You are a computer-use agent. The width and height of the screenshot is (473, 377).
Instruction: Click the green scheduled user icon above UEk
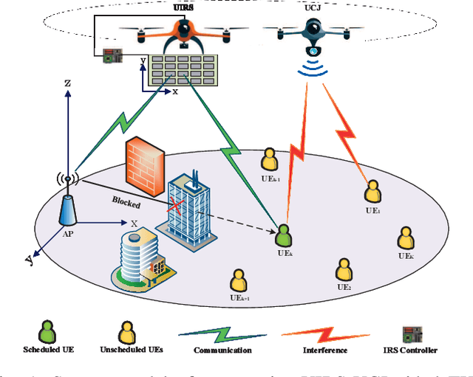click(282, 235)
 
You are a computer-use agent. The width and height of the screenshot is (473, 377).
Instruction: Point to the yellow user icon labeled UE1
click(372, 194)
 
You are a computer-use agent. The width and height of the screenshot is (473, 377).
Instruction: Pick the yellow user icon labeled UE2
click(343, 269)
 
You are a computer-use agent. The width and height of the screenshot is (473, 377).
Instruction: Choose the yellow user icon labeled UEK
click(405, 238)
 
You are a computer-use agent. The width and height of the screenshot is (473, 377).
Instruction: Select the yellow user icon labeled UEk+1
click(238, 280)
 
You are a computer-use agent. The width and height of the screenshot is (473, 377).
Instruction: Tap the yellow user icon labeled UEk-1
click(269, 159)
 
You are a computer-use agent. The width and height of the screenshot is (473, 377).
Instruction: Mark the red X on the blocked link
click(176, 205)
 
